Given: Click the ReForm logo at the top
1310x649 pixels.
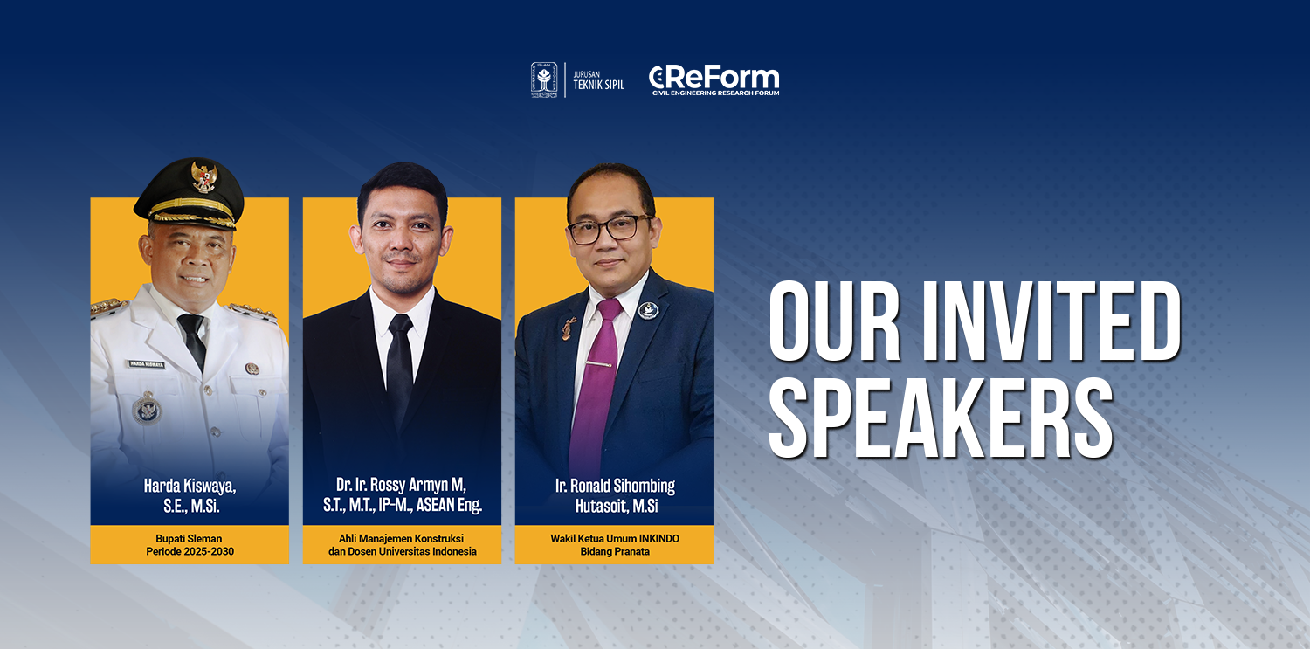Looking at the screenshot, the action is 714,80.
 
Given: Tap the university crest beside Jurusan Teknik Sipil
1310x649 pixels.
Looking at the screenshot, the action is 544,80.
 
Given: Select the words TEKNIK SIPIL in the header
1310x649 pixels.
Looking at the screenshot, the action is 598,85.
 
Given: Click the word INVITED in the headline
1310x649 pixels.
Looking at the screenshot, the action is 1051,321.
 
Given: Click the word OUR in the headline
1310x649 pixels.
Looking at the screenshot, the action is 835,321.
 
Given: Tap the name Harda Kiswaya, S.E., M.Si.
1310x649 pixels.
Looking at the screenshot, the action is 190,495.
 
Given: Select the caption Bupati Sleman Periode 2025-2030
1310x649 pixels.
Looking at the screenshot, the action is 190,545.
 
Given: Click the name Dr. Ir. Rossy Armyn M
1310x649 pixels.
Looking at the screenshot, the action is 401,485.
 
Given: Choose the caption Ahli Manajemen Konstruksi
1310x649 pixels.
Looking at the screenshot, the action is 401,538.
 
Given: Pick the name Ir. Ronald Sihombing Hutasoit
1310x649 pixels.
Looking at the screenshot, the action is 615,495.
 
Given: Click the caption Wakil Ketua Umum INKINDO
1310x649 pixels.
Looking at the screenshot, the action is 615,538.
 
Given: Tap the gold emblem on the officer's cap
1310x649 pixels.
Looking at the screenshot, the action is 203,177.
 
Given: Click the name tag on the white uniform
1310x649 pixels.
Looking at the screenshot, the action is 147,364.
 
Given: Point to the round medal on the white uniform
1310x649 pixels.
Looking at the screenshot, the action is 147,408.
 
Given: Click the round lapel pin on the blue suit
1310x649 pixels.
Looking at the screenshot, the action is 648,310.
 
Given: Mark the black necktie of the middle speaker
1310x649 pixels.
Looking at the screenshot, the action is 400,369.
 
